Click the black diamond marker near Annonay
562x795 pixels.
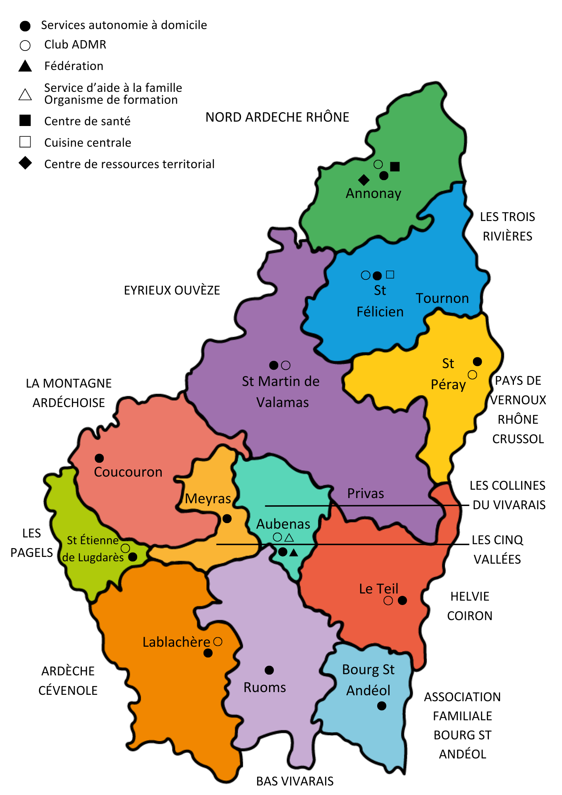[364, 180]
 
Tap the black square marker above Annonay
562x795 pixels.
[395, 167]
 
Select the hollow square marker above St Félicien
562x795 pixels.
[390, 274]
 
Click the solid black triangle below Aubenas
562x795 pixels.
[293, 553]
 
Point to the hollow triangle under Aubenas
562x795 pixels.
[289, 538]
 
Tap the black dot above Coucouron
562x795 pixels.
[99, 458]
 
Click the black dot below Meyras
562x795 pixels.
[227, 519]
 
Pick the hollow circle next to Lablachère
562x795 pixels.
[218, 642]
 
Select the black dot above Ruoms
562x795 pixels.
[269, 670]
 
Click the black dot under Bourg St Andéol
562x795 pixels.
[382, 706]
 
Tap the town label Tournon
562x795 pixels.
[442, 298]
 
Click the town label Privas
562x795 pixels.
[365, 493]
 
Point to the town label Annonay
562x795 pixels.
[373, 194]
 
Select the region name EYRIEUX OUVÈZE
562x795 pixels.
[172, 290]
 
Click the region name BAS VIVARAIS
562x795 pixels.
[295, 781]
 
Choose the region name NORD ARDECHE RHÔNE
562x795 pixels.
[277, 117]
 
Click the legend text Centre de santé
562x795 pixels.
[87, 121]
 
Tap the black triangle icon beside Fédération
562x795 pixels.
[25, 66]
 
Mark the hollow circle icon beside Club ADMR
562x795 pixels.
[25, 45]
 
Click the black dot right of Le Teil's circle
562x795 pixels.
[402, 600]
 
